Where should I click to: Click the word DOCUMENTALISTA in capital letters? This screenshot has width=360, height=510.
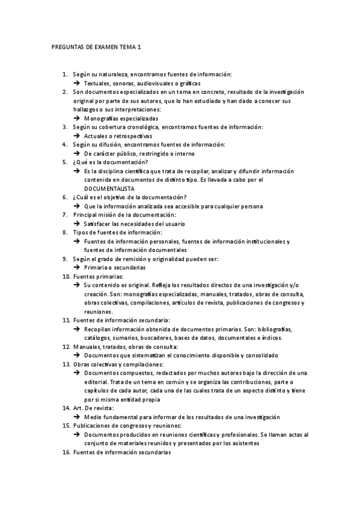[109, 188]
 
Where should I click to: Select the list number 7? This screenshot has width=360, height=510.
[66, 214]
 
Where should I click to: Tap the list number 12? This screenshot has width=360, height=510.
[67, 346]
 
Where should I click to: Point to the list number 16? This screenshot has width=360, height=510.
[67, 452]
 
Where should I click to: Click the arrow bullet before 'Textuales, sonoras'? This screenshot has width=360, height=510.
[77, 82]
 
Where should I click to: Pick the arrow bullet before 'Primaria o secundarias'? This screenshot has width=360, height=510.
[77, 267]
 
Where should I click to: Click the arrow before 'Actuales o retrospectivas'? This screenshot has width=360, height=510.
[77, 136]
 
